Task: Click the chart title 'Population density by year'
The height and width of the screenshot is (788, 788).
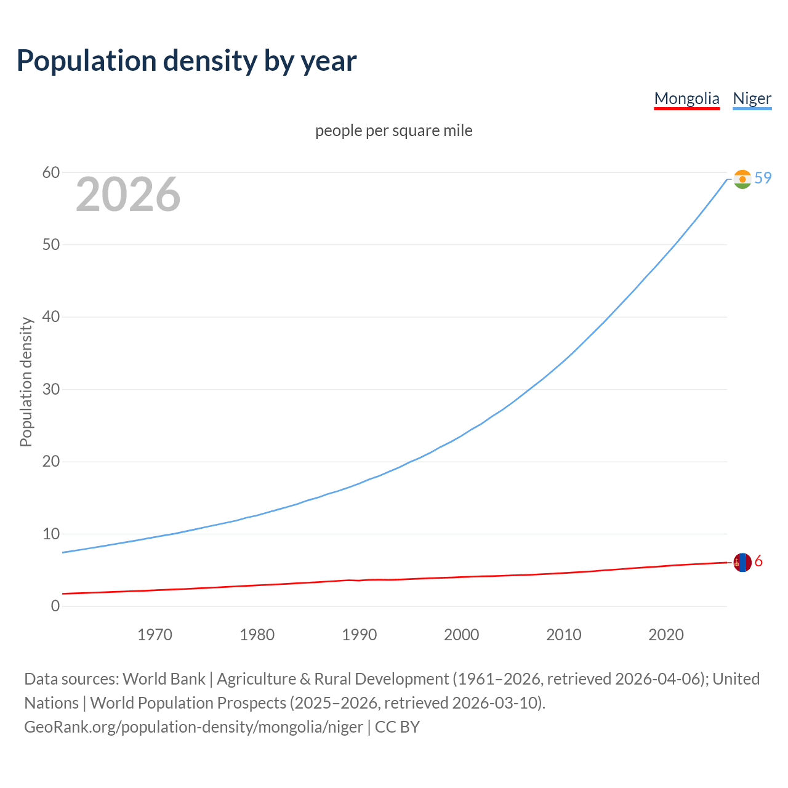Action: (x=187, y=61)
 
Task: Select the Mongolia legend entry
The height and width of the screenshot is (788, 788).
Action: (x=686, y=98)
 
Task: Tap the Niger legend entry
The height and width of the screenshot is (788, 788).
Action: (x=752, y=98)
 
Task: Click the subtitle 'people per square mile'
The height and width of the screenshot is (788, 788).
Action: (x=393, y=131)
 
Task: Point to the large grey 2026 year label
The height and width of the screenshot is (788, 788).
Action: (x=128, y=195)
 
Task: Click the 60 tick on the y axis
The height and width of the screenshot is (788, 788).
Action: (x=51, y=173)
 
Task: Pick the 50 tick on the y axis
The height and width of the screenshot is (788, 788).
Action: (x=51, y=245)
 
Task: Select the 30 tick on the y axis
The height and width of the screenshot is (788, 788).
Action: (x=51, y=390)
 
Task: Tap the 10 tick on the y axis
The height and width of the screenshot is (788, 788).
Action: (x=51, y=534)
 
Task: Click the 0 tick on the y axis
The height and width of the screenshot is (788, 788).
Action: (x=55, y=606)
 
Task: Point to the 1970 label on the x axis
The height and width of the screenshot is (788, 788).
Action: (x=155, y=635)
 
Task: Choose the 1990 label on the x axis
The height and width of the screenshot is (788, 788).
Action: (x=359, y=635)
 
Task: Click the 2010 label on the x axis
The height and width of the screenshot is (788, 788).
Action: (x=563, y=635)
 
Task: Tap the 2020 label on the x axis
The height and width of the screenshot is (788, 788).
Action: (x=665, y=635)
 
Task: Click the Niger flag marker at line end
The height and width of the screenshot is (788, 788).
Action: (x=742, y=179)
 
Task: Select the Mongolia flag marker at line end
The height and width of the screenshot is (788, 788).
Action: (x=742, y=562)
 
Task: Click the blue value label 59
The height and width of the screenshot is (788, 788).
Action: (x=763, y=178)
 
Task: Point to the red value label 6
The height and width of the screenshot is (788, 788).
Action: (x=758, y=561)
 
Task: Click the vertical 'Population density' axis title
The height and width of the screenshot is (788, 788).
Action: (x=26, y=382)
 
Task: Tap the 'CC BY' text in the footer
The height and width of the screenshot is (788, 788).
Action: (x=397, y=727)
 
